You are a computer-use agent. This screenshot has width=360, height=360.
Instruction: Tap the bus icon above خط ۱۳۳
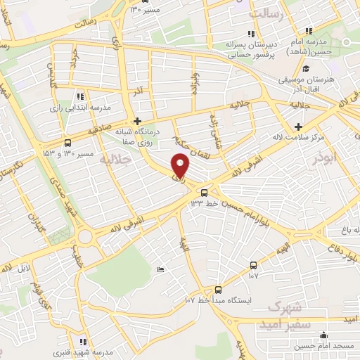pos(204,192)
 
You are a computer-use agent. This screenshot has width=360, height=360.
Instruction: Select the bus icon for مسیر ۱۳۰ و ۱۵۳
pos(67,140)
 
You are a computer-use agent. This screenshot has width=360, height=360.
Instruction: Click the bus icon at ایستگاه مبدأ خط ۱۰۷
pos(217,289)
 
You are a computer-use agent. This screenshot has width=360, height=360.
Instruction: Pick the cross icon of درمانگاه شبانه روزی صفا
pos(138,121)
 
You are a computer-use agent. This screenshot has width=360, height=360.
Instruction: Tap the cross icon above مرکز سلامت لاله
pos(299,127)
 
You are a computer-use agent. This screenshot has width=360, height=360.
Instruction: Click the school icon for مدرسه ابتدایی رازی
pos(81,96)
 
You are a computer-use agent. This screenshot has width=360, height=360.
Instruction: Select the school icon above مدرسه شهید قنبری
pos(83,342)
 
